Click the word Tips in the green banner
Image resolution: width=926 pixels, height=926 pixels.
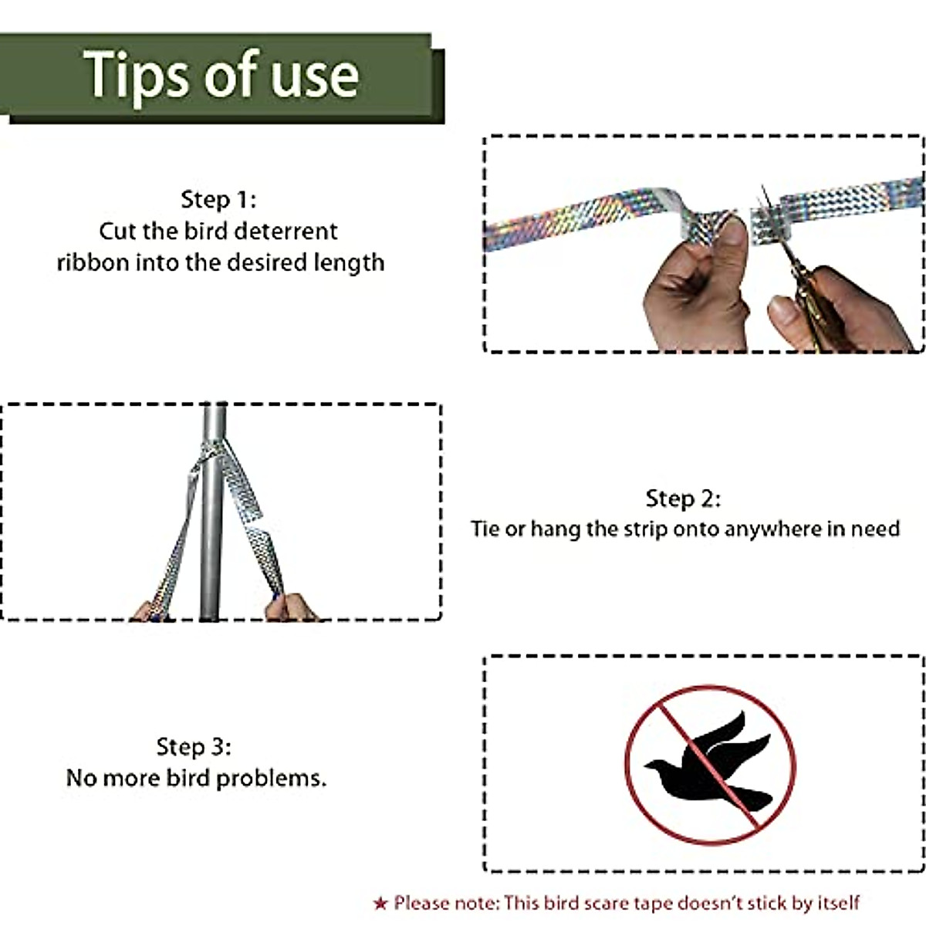point(136,76)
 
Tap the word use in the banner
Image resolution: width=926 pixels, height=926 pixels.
point(315,78)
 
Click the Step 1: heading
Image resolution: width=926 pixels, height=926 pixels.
point(218,199)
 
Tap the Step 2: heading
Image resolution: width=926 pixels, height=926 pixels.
point(683,498)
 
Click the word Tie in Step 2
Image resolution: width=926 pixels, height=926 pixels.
point(485,529)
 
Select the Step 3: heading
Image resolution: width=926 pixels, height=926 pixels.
point(194,747)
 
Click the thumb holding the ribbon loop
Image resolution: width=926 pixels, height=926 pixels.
point(732,240)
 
